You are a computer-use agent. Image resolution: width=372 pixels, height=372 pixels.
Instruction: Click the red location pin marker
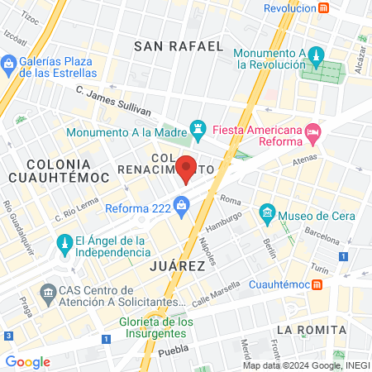click(x=187, y=167)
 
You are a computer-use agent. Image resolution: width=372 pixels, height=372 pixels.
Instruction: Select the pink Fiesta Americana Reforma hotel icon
click(x=312, y=131)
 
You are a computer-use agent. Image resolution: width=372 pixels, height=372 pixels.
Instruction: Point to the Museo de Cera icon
click(x=267, y=215)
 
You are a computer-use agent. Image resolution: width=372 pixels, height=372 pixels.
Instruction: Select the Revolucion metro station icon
click(x=325, y=8)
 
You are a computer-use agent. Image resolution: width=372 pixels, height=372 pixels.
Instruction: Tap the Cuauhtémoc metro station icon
click(x=318, y=285)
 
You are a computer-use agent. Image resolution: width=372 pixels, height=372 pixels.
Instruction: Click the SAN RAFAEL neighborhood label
click(x=179, y=46)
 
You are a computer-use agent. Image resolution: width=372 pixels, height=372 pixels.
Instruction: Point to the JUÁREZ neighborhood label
click(x=177, y=266)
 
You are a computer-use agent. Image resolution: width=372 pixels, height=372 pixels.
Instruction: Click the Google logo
click(x=27, y=361)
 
